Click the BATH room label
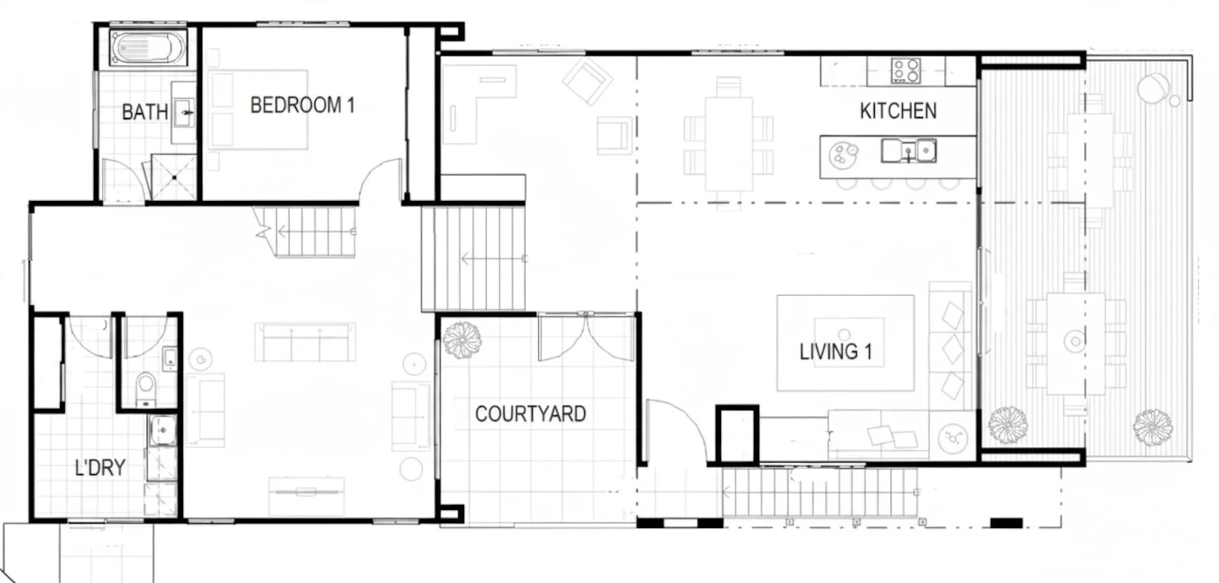coord(145,112)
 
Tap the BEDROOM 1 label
coord(302,105)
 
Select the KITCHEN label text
coord(898,111)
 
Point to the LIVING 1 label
coord(836,352)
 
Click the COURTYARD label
coord(530,414)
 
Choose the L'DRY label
coord(100,468)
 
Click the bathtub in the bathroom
coord(148,48)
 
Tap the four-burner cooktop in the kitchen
coord(906,70)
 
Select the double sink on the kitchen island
coord(909,151)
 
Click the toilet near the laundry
coord(145,387)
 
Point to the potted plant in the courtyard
coord(462,340)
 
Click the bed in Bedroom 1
coord(259,110)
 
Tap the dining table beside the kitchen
coord(729,144)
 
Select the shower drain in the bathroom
coord(174,178)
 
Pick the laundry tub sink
coord(162,430)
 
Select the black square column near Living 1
coord(737,435)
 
